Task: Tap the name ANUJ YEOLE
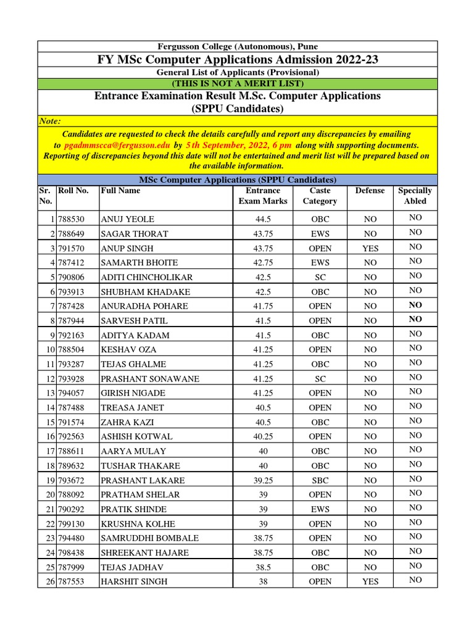127,219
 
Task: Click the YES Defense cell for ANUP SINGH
370,248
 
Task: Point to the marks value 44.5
263,219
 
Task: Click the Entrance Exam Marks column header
263,196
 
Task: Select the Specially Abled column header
415,196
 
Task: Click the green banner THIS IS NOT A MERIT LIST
238,83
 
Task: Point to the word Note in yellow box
50,121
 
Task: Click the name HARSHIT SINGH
134,581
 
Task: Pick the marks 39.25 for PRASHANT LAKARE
263,480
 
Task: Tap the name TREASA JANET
130,407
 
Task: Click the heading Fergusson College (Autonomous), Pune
238,46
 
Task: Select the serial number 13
50,393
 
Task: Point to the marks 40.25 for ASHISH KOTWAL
263,436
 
